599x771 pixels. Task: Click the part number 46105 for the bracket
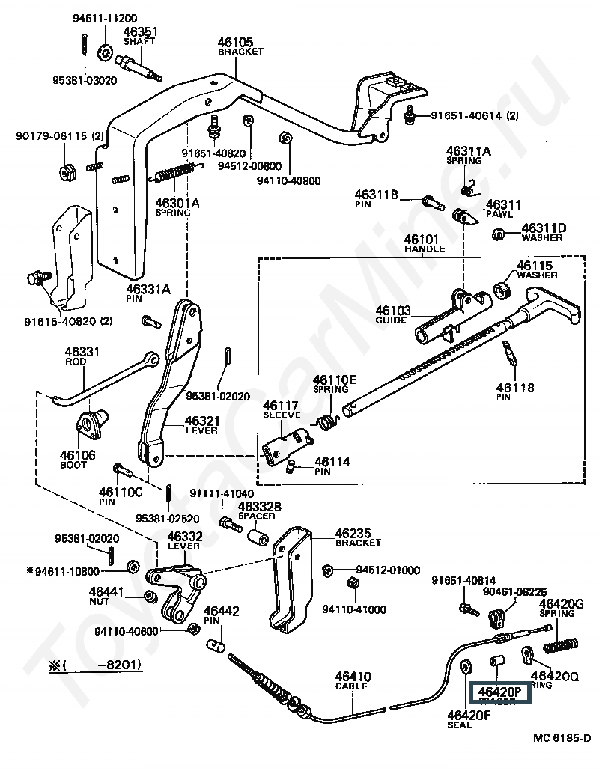(x=235, y=42)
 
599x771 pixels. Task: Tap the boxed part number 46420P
(x=499, y=691)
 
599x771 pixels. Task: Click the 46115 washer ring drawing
(x=504, y=290)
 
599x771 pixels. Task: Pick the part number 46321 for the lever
(x=201, y=421)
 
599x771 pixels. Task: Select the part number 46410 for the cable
(x=353, y=677)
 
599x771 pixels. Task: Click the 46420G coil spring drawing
(x=561, y=643)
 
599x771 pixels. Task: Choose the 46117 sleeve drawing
(x=285, y=446)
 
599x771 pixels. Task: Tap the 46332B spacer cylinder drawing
(x=259, y=538)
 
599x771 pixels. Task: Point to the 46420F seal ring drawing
(x=465, y=665)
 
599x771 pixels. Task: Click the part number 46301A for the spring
(x=177, y=202)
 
